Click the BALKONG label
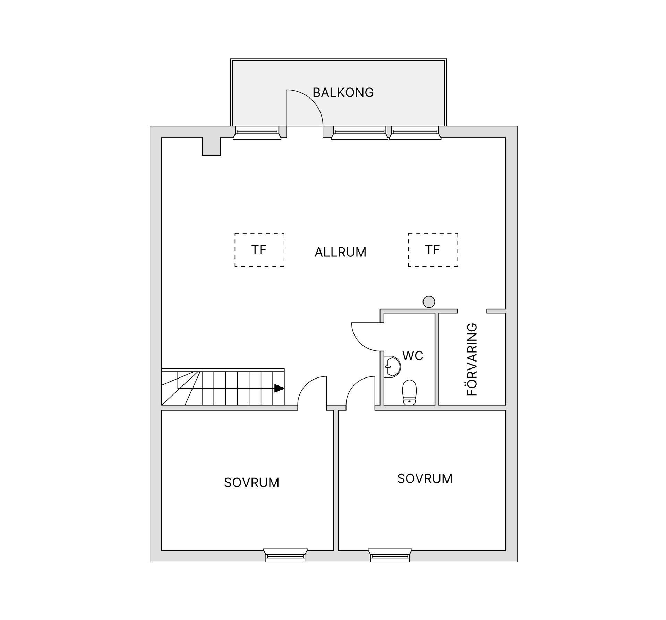click(343, 93)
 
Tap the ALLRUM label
click(340, 252)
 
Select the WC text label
click(413, 356)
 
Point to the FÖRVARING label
click(472, 359)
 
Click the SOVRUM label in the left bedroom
click(251, 483)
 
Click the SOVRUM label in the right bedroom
click(425, 478)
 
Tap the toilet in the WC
click(409, 392)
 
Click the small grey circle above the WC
click(429, 301)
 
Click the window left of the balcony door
click(257, 133)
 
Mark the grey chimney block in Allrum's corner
click(211, 147)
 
